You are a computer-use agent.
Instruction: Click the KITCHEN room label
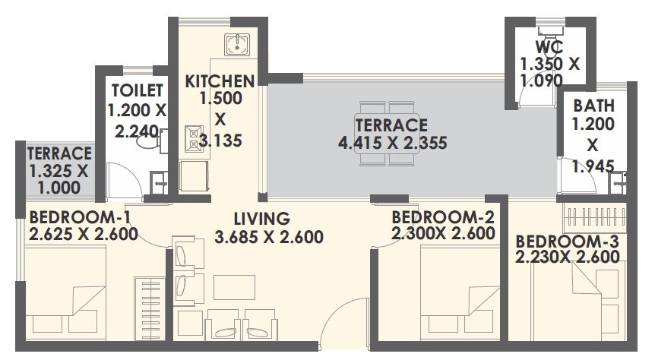click(x=220, y=81)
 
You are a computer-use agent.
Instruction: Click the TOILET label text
click(x=136, y=91)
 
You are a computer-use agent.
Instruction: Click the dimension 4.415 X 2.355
click(x=391, y=142)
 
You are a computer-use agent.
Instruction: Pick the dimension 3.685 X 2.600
click(x=269, y=236)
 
